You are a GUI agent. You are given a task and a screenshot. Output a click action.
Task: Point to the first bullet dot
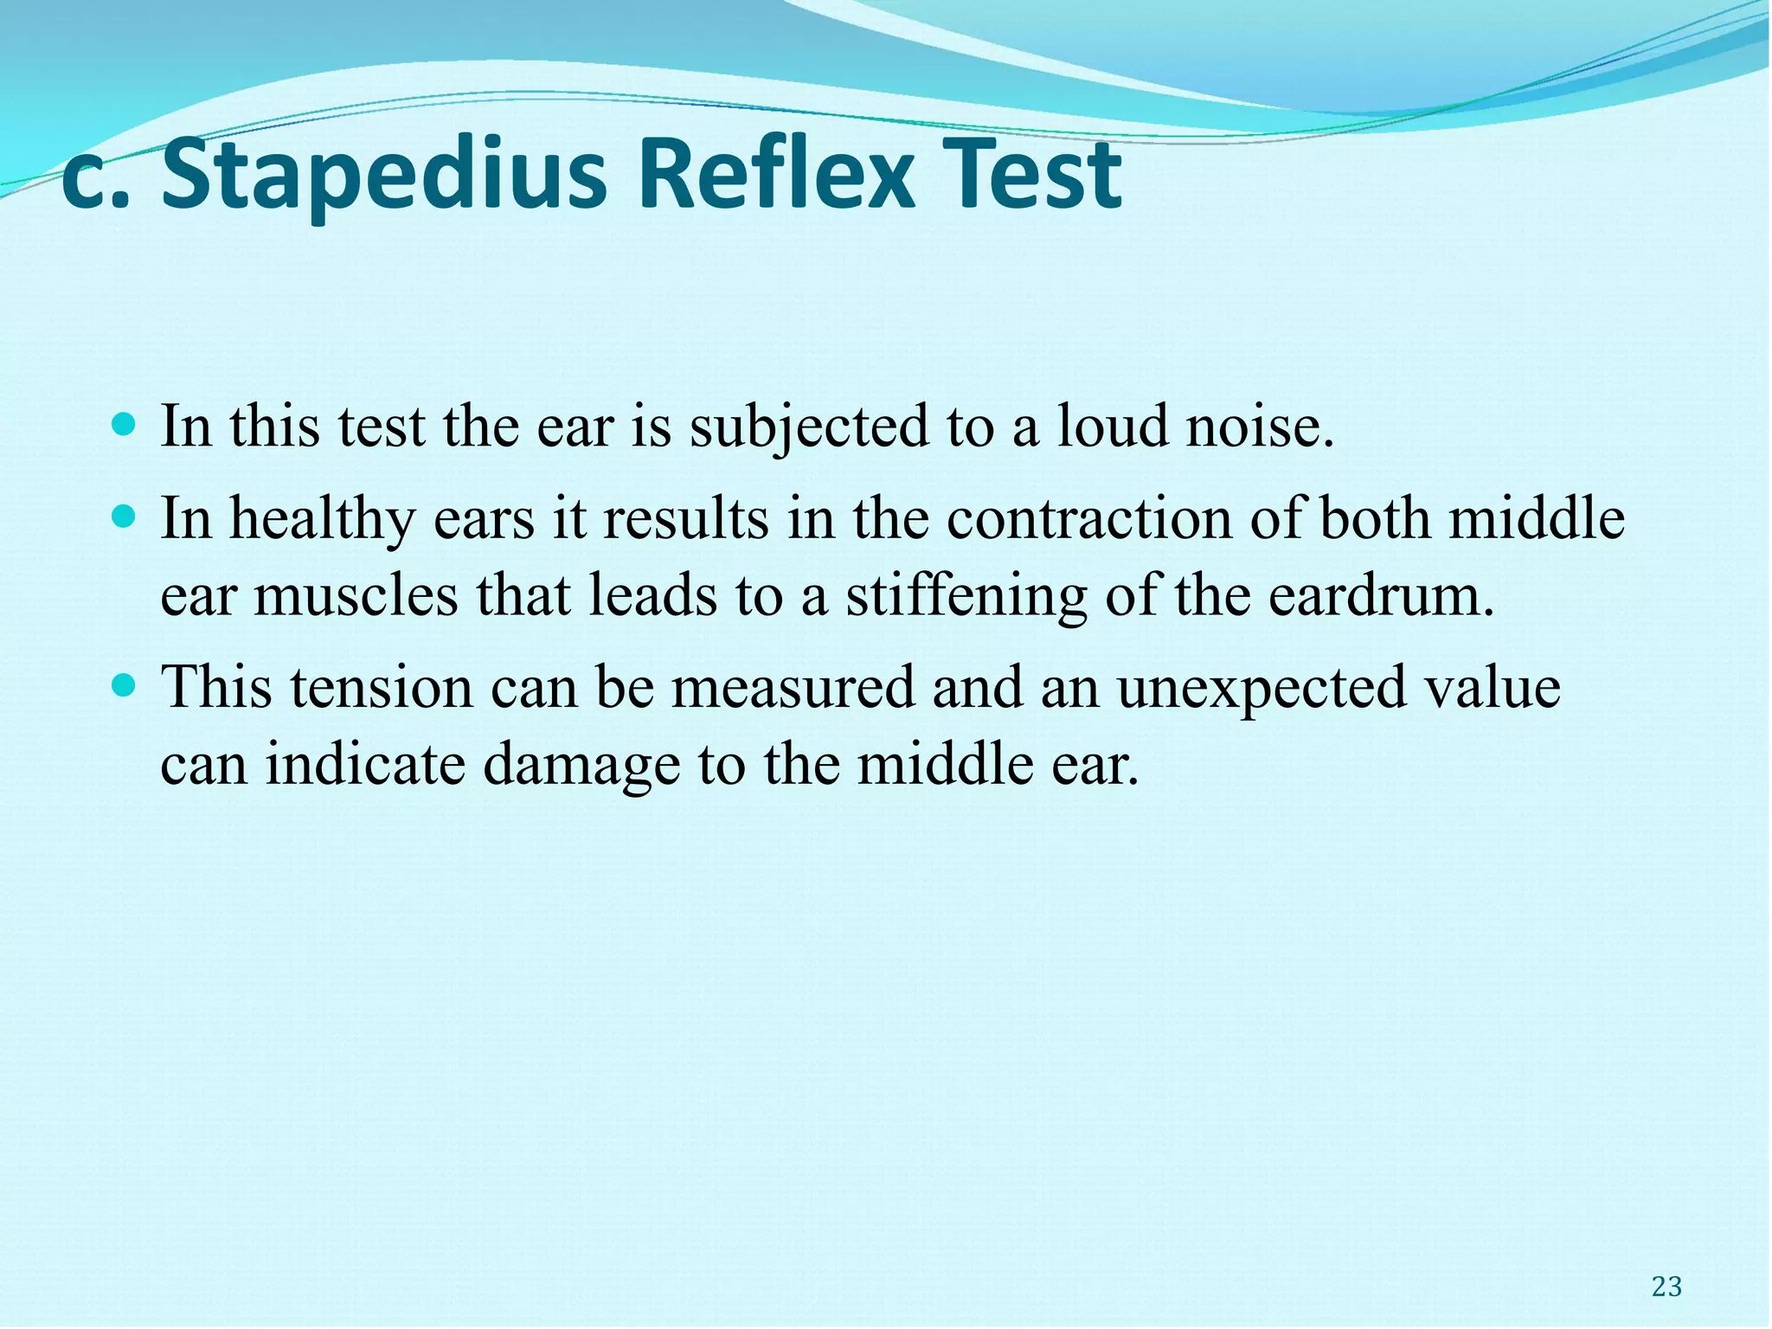point(125,425)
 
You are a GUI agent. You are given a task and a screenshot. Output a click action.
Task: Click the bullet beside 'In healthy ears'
point(125,517)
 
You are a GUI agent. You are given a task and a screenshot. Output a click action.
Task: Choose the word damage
point(581,766)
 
